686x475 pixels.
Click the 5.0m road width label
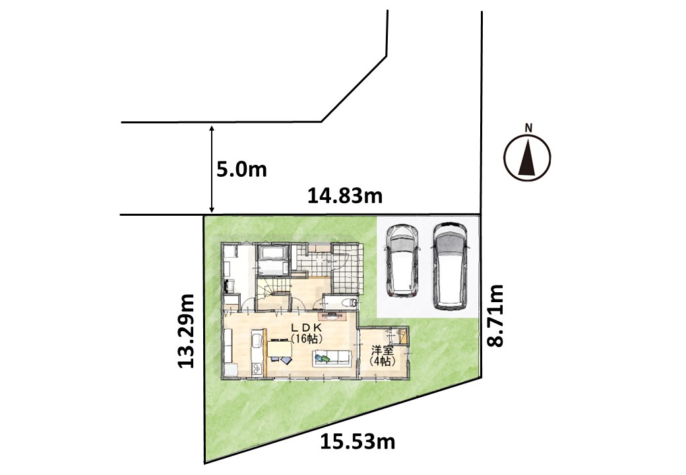click(241, 170)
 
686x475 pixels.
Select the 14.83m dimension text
click(345, 197)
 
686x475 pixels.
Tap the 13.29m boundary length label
click(185, 331)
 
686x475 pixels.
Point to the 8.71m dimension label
click(495, 315)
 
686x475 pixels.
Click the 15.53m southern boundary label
click(358, 442)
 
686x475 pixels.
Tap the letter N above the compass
click(528, 128)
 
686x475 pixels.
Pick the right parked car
click(450, 266)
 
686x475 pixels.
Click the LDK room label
click(307, 328)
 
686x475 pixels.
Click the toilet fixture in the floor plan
click(350, 301)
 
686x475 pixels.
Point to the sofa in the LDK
click(332, 359)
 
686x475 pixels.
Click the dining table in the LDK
click(280, 349)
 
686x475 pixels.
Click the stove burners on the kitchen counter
click(257, 369)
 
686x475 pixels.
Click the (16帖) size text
click(307, 338)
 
